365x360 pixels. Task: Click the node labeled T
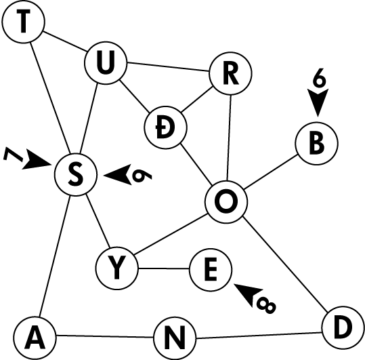pos(23,22)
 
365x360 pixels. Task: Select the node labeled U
pos(106,63)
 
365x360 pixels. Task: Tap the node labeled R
pos(230,73)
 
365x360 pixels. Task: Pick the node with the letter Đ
pos(166,127)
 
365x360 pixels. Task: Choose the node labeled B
pos(317,144)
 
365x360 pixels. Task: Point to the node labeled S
pos(76,174)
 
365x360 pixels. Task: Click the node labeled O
pos(226,202)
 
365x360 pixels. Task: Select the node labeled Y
pos(117,268)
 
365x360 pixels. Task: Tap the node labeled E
pos(211,270)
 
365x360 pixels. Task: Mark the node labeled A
pos(35,338)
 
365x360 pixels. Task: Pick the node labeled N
pos(175,338)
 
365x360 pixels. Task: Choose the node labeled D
pos(343,327)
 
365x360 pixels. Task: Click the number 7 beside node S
pos(14,154)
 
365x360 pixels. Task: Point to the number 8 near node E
pos(266,305)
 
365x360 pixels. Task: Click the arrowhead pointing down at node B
pos(318,102)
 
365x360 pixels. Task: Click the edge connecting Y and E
pos(164,268)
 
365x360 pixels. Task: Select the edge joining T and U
pos(65,41)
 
